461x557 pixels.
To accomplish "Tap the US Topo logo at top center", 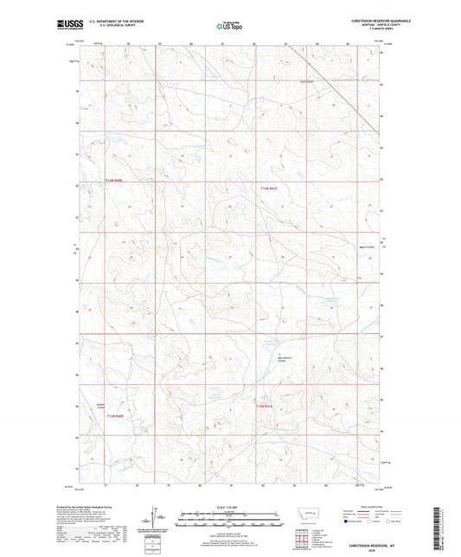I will pos(228,27).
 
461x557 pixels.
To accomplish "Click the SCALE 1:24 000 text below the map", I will pos(229,507).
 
